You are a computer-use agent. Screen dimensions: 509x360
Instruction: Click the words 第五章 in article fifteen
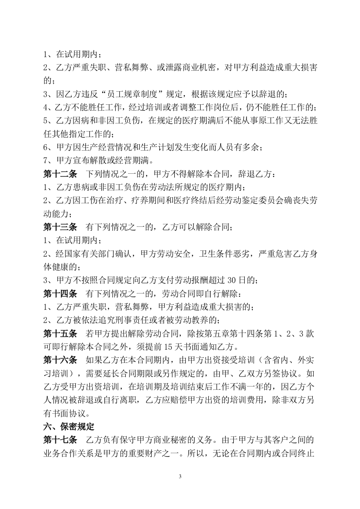[212, 334]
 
